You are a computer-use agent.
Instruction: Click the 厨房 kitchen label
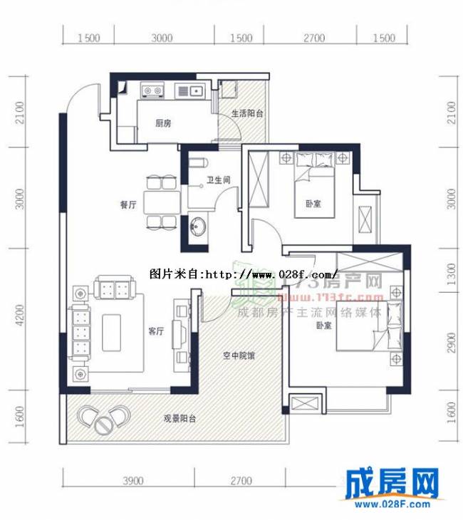coord(163,123)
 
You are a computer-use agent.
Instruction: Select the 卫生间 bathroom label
coord(218,181)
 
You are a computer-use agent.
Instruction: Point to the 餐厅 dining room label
coord(128,204)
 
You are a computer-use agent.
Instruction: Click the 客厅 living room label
coord(155,331)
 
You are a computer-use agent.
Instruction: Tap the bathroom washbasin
coord(197,228)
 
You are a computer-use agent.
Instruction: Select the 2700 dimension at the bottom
coord(241,481)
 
